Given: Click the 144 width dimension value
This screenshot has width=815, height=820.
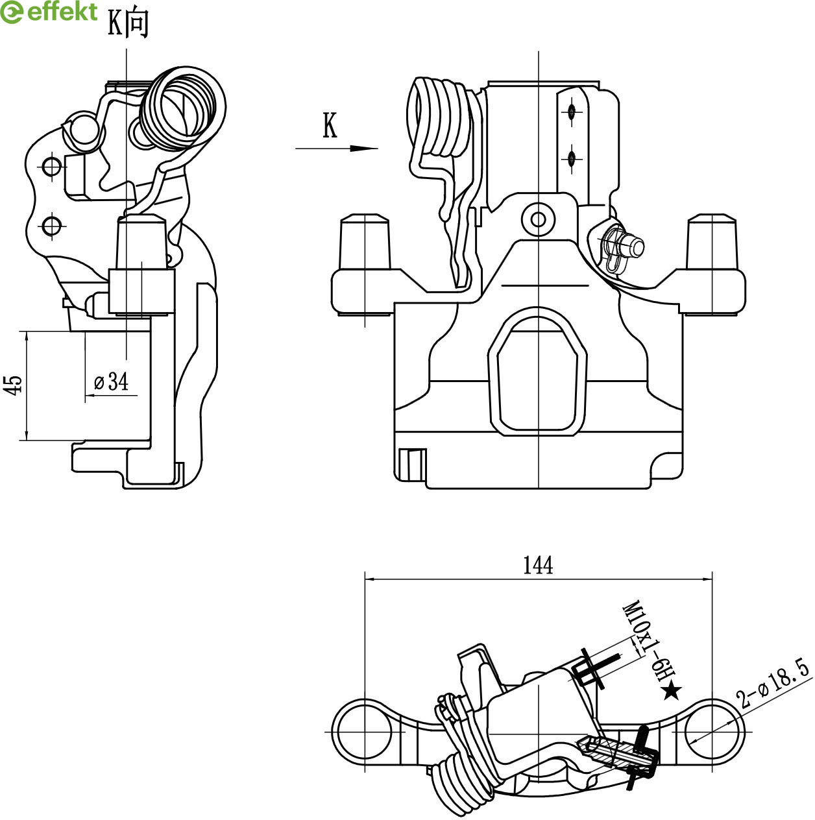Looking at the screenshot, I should tap(538, 565).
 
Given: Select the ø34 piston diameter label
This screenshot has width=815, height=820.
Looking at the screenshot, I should tap(111, 381).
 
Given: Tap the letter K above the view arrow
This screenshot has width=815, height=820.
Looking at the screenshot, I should tap(330, 126).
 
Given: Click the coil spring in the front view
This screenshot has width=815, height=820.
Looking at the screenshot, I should tap(438, 117).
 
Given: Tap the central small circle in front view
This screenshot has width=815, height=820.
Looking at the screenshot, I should tap(538, 219).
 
